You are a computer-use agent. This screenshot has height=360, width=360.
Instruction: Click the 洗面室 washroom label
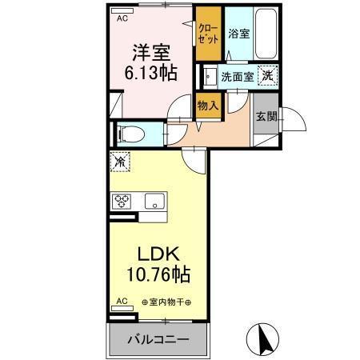point(237,77)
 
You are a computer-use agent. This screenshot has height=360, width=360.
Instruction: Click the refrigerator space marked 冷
point(119,162)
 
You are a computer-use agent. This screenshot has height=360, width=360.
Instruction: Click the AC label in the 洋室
point(122,17)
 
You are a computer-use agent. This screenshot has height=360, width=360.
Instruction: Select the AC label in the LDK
point(122,302)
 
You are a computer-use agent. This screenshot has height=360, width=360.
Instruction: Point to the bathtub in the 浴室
point(264,34)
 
